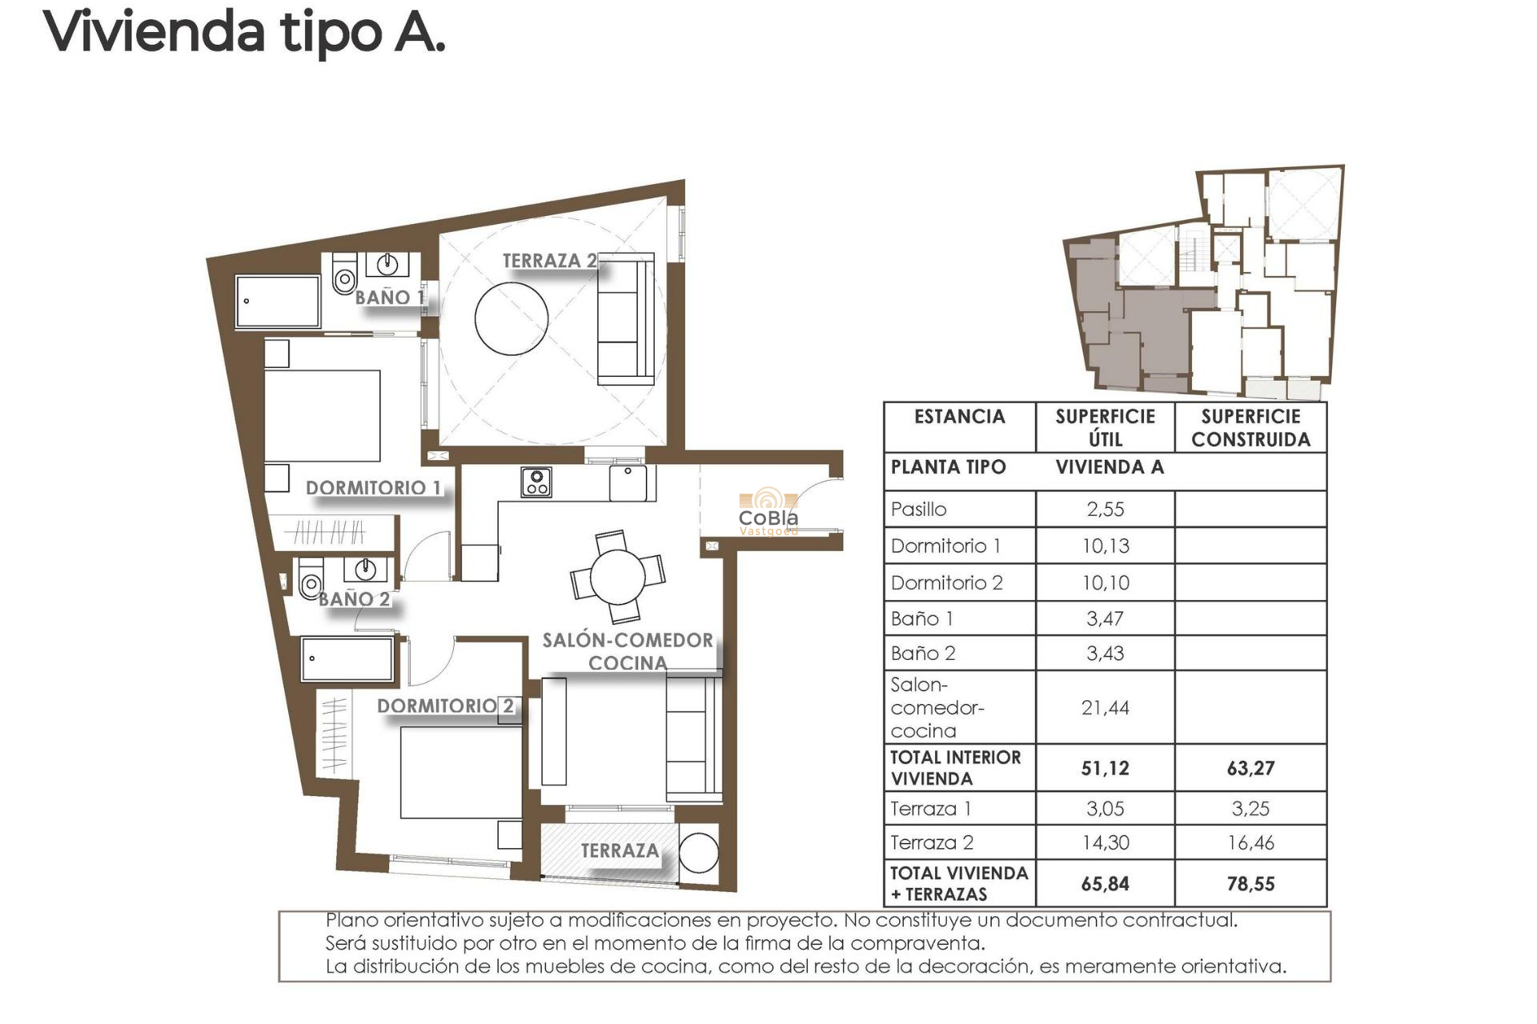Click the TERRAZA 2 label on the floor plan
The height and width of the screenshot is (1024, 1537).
click(x=549, y=261)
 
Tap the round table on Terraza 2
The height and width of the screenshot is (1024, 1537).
click(x=512, y=318)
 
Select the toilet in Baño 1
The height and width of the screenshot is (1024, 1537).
click(x=345, y=276)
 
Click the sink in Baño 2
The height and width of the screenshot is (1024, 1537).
click(x=365, y=570)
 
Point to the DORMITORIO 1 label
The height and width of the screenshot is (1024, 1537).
click(x=373, y=487)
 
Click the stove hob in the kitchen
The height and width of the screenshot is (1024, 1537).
click(x=536, y=482)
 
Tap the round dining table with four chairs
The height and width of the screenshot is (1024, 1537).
click(x=617, y=577)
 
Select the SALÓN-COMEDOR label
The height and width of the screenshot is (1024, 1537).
click(x=628, y=640)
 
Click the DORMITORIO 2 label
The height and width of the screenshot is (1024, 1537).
click(x=445, y=706)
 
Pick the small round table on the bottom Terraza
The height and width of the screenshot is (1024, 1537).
click(x=699, y=853)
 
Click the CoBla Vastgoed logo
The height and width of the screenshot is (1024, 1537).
click(x=768, y=512)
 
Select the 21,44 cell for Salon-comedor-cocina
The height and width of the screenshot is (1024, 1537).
click(x=1105, y=707)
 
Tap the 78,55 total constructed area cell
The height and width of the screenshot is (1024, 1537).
click(x=1250, y=883)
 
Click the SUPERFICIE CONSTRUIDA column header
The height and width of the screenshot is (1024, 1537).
click(x=1250, y=427)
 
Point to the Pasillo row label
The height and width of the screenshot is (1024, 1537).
click(x=919, y=509)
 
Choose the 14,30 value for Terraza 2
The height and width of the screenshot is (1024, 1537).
click(x=1105, y=842)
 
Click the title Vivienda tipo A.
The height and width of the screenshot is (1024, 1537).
click(x=244, y=34)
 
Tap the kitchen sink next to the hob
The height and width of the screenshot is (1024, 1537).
click(x=628, y=482)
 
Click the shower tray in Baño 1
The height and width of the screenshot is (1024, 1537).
click(x=278, y=302)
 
